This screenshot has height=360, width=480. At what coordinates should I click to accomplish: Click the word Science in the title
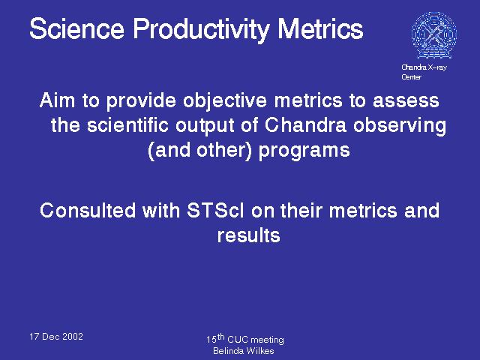pos(76,28)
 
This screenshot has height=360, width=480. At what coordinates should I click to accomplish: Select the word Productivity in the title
pos(201,30)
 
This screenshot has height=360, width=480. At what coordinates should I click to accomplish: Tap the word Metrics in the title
pos(320,28)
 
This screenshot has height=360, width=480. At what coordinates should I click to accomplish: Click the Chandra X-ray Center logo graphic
pos(434,35)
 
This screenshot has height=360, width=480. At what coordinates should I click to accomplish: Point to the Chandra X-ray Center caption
pos(424,72)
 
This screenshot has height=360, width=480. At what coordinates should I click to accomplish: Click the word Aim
pos(57,100)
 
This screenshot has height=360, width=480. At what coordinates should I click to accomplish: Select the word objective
pos(225,102)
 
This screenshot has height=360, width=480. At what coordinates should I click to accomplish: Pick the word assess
pos(406,101)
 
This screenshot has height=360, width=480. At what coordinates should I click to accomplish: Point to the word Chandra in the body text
pos(305,125)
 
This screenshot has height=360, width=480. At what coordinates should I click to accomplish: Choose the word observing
pos(400,126)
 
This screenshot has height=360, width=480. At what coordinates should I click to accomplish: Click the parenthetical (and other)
pos(199,151)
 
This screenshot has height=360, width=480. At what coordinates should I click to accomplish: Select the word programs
pos(304,151)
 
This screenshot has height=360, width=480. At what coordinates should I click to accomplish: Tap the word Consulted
pos(88,210)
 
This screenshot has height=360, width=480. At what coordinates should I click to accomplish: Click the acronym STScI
pos(215,210)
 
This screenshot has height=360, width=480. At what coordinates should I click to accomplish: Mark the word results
pos(248,235)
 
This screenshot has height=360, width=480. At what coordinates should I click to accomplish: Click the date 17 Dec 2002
pos(56,337)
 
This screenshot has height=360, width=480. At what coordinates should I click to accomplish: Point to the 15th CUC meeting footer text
pos(245,338)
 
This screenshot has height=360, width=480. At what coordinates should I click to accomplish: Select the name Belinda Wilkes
pos(243,351)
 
